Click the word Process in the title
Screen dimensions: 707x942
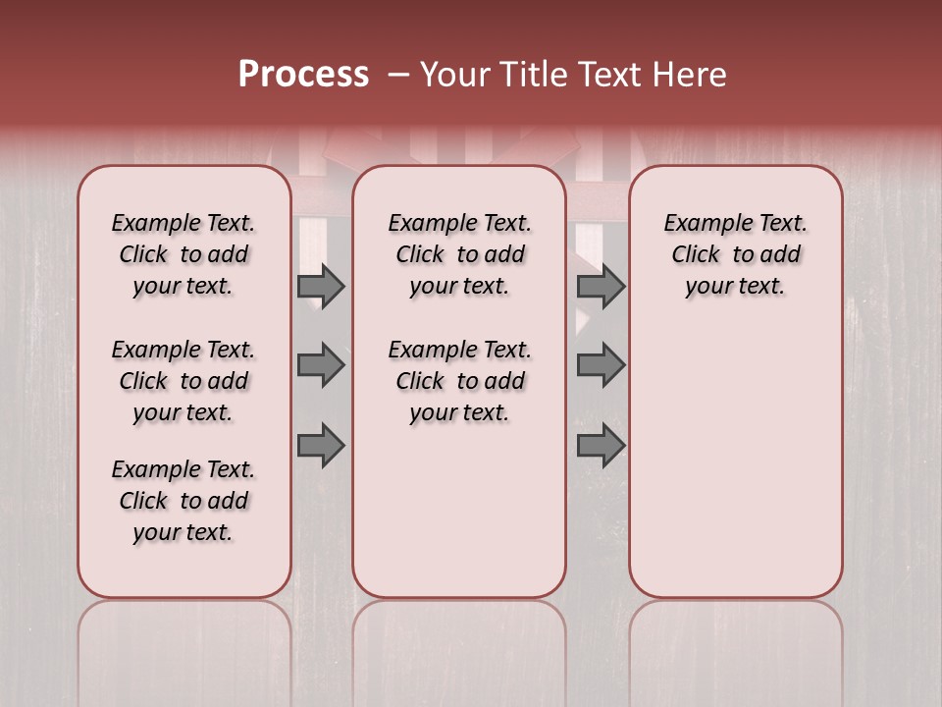point(303,75)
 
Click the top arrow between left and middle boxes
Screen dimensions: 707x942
point(321,286)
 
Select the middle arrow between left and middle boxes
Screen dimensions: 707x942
point(321,365)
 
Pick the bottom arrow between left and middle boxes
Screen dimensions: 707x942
point(321,446)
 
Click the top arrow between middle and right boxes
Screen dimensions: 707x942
point(601,286)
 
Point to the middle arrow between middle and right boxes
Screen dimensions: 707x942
point(601,365)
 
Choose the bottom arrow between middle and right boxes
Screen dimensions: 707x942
point(601,446)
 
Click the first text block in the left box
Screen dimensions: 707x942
point(183,254)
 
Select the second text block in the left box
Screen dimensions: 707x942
point(183,381)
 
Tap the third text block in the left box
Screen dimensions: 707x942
point(183,501)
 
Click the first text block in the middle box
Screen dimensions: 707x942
point(459,254)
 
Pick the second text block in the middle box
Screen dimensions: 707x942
point(459,381)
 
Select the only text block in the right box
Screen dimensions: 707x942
point(735,254)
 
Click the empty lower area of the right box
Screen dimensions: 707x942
point(735,452)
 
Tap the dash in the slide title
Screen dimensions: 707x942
point(397,75)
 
